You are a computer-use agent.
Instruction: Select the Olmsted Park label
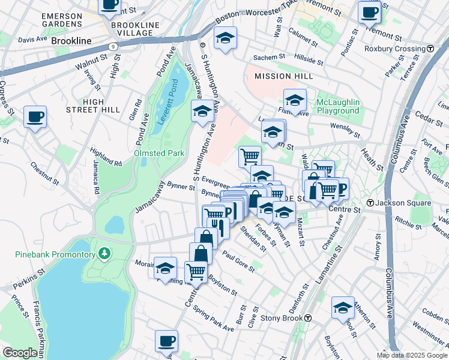pos(158,153)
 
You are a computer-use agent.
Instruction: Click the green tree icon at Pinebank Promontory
pos(106,254)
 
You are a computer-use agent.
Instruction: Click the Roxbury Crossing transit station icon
pos(430,49)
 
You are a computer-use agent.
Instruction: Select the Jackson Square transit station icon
pos(371,203)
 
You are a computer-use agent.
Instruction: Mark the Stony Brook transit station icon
pos(307,318)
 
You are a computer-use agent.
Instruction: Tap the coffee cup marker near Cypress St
pos(35,116)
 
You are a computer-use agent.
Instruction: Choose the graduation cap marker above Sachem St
pos(225,38)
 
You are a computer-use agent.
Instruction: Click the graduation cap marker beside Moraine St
pos(165,267)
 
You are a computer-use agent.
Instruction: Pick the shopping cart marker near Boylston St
pos(196,272)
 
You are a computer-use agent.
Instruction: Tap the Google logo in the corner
pos(20,353)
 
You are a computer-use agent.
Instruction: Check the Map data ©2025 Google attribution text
pos(412,355)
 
